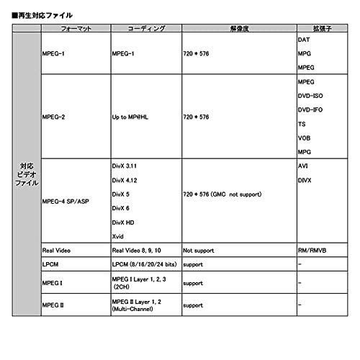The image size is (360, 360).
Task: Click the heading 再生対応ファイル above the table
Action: [x=43, y=14]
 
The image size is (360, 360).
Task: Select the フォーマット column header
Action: [x=74, y=28]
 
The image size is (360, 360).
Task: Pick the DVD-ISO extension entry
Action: [x=310, y=95]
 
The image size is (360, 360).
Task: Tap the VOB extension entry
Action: [x=305, y=138]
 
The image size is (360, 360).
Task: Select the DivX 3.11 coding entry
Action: [x=127, y=166]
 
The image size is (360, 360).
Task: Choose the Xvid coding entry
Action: [x=120, y=236]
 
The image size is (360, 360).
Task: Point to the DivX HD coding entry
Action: [x=124, y=222]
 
